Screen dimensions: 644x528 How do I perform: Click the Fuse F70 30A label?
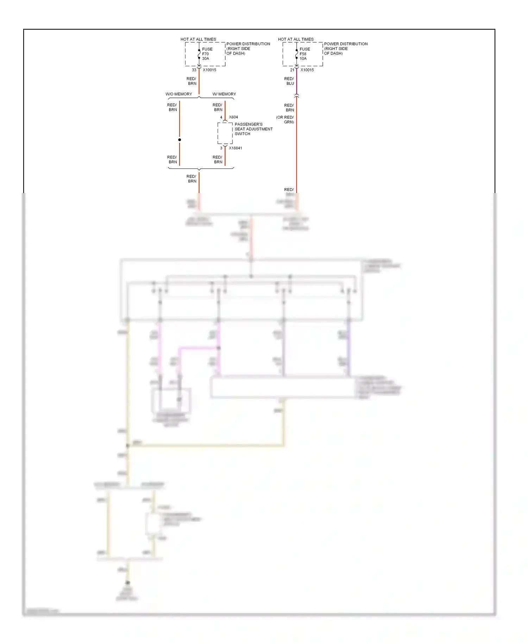coord(207,54)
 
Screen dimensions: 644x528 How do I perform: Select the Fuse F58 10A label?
coord(304,54)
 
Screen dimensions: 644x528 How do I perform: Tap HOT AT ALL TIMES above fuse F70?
coord(198,39)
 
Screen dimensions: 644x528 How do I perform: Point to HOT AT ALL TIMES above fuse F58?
coord(296,39)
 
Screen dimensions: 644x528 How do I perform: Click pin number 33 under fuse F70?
coord(194,70)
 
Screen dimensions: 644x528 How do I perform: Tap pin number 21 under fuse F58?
coord(292,70)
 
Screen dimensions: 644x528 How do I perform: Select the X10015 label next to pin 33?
coord(209,70)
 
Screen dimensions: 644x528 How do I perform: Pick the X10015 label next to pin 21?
coord(307,70)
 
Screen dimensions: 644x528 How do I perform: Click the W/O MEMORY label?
coord(179,94)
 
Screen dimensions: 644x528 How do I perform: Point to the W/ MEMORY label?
coord(224,94)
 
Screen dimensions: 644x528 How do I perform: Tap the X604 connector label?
coord(233,117)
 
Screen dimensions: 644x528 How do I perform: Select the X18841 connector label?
coord(235,148)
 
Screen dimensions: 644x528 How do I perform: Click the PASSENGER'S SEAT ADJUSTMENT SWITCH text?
coord(253,129)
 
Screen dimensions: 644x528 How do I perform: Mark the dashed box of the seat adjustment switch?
coord(225,133)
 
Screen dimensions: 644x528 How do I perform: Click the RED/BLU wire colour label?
coord(289,81)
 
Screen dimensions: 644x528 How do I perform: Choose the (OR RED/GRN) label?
coord(285,120)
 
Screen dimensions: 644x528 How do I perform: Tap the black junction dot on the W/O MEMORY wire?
coord(180,140)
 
